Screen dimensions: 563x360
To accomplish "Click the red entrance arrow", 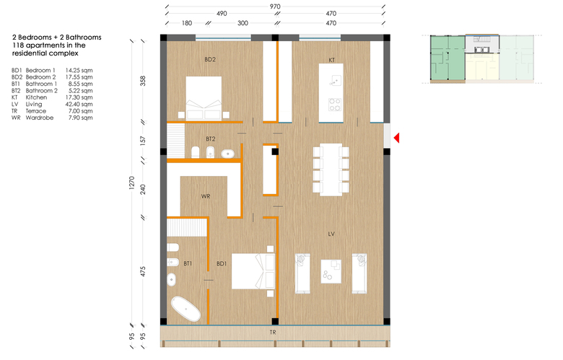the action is point(397,138).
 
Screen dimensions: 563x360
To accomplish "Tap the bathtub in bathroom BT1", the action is point(186,309).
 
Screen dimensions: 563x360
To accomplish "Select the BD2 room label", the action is point(210,60).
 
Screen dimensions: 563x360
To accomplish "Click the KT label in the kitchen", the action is point(332,60).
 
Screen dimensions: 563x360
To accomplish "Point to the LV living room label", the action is point(331,234).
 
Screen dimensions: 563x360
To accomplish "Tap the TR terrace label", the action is point(273,333).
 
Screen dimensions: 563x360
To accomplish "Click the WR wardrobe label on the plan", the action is point(206,196).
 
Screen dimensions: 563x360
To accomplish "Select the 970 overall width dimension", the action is point(275,6).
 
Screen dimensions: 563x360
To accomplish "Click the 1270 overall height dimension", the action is point(132,183).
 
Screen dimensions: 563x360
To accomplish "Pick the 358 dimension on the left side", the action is point(143,81).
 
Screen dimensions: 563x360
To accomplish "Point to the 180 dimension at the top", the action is point(187,23).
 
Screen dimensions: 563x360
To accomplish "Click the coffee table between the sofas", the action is point(331,271).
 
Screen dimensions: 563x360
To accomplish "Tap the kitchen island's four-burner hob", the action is point(335,105).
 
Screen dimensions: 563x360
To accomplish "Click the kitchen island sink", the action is point(335,81).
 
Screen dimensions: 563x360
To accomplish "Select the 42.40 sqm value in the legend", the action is point(79,104).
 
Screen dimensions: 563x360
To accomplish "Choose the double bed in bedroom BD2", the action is point(204,97).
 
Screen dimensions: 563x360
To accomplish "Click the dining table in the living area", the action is point(331,170).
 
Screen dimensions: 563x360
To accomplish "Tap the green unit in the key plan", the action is point(448,58).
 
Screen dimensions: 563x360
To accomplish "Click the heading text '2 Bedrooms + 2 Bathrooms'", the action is point(57,38).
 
